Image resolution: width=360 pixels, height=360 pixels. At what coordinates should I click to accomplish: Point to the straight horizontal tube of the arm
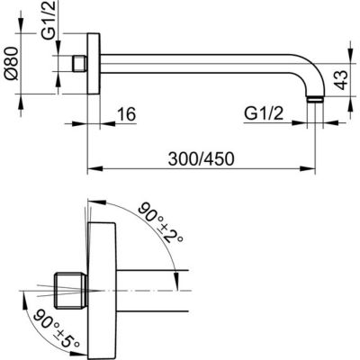(198, 65)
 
